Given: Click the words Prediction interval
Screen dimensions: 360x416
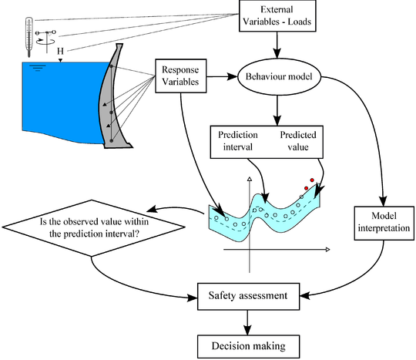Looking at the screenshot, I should pyautogui.click(x=238, y=140).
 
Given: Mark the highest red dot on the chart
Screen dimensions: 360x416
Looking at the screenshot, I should pyautogui.click(x=314, y=179).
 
